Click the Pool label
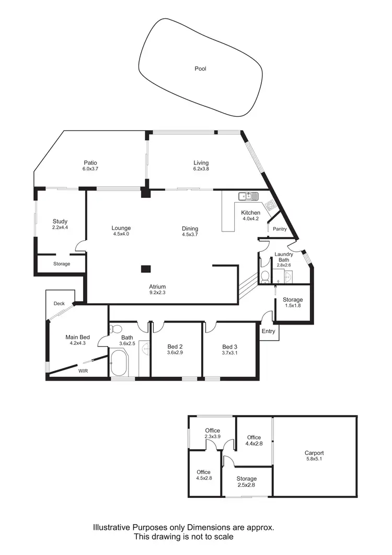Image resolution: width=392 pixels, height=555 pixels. (200, 69)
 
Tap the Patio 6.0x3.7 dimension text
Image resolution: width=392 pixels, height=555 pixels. (90, 169)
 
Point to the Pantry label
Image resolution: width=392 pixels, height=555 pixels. (280, 229)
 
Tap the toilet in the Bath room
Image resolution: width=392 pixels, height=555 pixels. (116, 329)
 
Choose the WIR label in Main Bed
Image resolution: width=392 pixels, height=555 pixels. (83, 371)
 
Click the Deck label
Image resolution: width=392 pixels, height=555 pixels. (59, 303)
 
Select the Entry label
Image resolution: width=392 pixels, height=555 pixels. (268, 331)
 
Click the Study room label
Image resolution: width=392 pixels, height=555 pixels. (60, 221)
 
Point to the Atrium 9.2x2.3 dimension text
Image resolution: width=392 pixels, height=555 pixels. (157, 293)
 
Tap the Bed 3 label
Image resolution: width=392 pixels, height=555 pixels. (230, 347)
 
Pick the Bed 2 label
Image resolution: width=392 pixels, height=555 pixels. (175, 347)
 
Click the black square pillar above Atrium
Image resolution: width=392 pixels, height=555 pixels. (146, 269)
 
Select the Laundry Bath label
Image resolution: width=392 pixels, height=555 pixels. (284, 257)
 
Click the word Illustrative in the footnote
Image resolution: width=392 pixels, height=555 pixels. (112, 528)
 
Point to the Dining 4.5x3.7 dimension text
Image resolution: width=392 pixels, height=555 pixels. (190, 235)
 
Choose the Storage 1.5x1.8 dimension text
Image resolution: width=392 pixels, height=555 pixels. (293, 306)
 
